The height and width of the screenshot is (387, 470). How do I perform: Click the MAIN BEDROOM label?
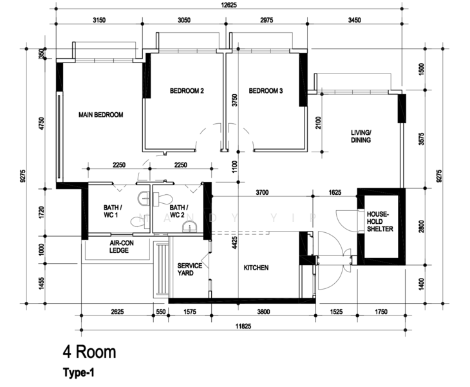click(x=100, y=115)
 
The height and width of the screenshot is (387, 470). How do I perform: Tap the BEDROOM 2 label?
click(x=187, y=91)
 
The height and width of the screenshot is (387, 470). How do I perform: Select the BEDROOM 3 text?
click(x=266, y=91)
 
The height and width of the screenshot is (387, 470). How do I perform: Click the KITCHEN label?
click(x=256, y=268)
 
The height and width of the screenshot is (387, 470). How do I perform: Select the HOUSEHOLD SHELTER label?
click(x=379, y=221)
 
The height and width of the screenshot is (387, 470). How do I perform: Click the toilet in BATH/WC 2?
click(x=164, y=197)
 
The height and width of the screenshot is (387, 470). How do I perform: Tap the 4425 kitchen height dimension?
click(x=236, y=243)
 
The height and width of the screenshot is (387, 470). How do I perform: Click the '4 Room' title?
click(x=89, y=352)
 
